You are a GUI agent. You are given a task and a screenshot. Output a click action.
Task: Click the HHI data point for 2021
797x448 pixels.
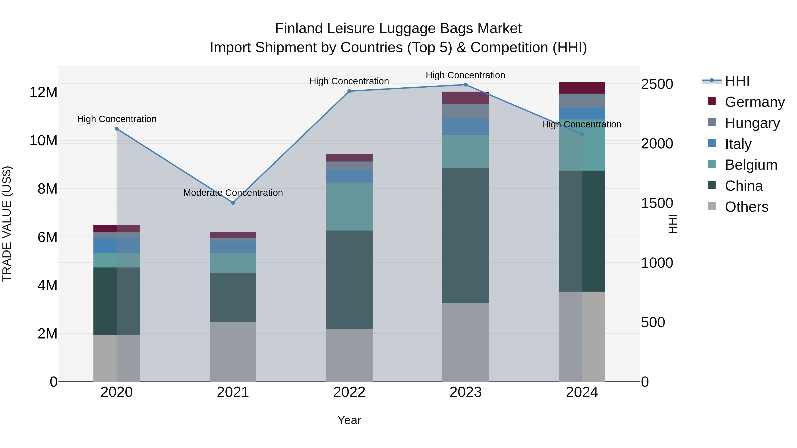pos(233,203)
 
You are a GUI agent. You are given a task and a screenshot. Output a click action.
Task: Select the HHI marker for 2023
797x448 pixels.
pos(465,85)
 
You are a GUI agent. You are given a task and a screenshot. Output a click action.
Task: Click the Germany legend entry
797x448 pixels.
pos(754,102)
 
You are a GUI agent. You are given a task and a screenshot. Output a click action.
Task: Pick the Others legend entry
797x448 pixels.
pos(746,207)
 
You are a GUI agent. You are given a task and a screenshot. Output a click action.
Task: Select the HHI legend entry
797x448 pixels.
pos(737,81)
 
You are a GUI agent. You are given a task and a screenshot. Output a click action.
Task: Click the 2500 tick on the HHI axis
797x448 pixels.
pos(657,84)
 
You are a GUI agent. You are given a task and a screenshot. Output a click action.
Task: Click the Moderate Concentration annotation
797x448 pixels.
pos(233,193)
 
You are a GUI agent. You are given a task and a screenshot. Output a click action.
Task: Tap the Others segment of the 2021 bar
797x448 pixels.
pos(233,351)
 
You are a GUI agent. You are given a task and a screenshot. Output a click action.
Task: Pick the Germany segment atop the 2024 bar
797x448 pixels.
pos(582,88)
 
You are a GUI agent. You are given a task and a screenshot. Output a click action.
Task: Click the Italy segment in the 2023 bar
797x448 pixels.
pos(465,127)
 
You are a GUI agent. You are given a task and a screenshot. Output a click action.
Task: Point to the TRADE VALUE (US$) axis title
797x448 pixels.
pos(7,224)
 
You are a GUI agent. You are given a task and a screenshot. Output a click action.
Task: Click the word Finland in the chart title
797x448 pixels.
pos(299,29)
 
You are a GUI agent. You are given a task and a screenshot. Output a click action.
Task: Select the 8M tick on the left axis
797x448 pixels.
pos(47,189)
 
